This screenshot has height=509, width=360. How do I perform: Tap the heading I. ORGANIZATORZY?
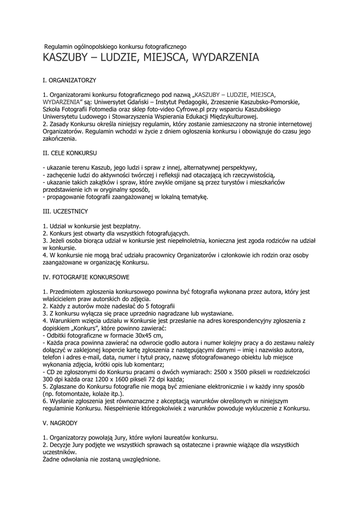click(x=69, y=80)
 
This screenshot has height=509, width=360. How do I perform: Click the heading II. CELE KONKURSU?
click(x=70, y=153)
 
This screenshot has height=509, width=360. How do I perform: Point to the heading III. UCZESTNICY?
click(x=65, y=211)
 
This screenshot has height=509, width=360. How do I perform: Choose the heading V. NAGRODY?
click(x=60, y=423)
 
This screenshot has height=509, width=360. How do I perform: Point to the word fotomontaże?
click(x=70, y=394)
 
